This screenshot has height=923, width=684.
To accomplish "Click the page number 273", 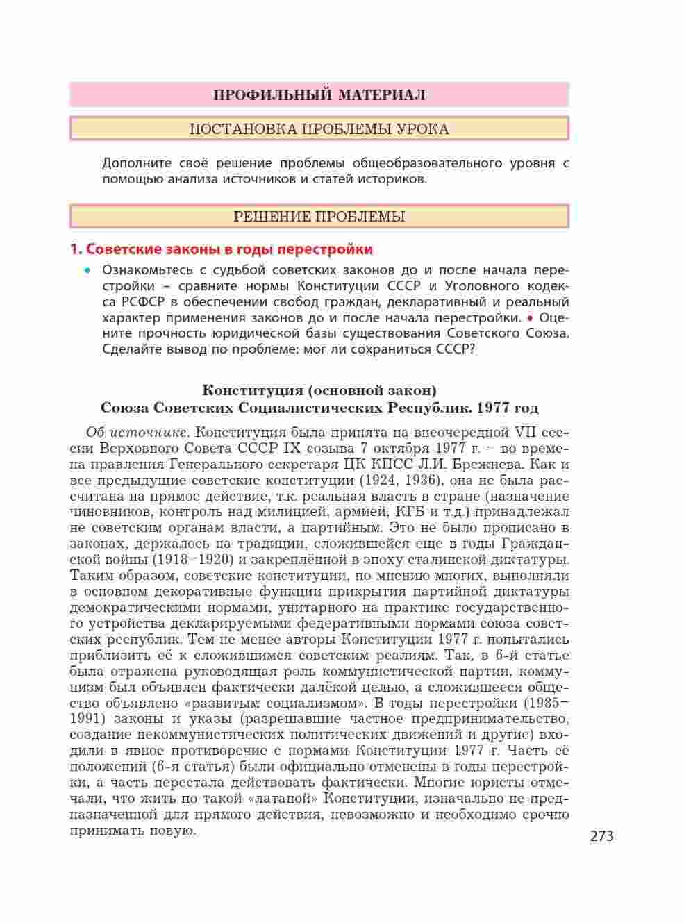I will (601, 836).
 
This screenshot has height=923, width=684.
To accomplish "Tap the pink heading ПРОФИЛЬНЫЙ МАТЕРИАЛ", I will (319, 94).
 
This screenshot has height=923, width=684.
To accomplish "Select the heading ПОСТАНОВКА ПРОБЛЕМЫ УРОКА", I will (319, 129).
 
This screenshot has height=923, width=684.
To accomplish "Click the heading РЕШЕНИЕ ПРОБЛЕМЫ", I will (319, 217).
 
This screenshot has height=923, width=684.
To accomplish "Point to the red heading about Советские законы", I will (222, 249).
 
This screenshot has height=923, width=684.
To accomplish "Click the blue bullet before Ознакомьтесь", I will (87, 270).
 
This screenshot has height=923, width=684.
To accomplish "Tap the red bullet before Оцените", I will (530, 318).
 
